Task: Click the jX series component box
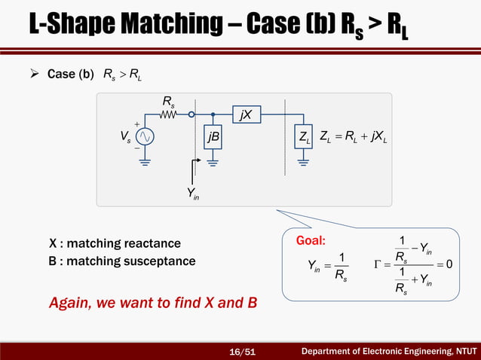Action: (246, 115)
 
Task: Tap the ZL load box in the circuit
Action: (305, 137)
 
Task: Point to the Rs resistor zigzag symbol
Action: (169, 115)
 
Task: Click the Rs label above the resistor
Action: (169, 102)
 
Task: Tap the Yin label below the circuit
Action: (194, 194)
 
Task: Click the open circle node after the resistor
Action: (192, 115)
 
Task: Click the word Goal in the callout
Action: (311, 241)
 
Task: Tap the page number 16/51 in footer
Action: (242, 351)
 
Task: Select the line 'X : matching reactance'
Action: (115, 243)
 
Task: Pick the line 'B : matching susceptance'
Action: (121, 261)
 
